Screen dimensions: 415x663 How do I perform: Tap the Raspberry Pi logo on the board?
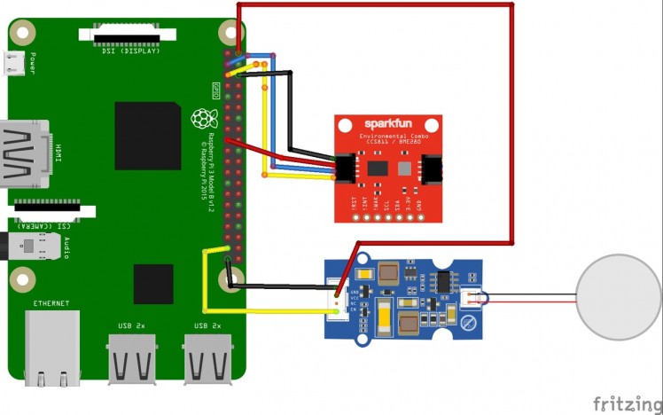[205, 117]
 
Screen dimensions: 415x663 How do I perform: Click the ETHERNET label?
[51, 303]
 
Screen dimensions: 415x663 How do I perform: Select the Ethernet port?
[51, 350]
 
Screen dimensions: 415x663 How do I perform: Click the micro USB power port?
[14, 62]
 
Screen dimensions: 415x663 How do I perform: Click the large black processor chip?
[147, 136]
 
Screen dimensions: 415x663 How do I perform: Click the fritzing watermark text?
[627, 403]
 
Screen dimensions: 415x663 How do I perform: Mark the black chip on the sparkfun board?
[378, 167]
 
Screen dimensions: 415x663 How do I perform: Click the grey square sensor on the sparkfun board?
[403, 168]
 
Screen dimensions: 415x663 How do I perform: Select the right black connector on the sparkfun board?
[433, 168]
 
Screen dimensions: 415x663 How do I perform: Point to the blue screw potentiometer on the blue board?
[470, 324]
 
